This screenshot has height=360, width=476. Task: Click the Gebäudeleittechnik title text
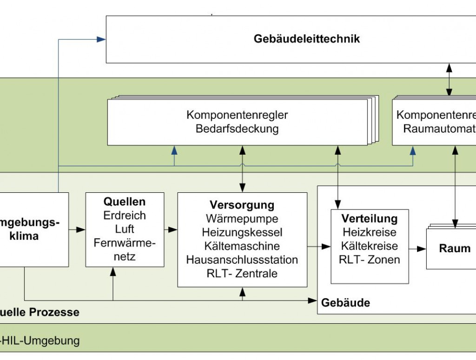(x=306, y=39)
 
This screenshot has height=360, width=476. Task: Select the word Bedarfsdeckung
(x=237, y=129)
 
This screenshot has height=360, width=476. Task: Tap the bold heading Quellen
(x=125, y=202)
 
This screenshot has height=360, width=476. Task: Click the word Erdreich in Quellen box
(x=125, y=216)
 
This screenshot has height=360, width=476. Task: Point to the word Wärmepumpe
(x=242, y=218)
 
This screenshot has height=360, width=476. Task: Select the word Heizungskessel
(x=242, y=232)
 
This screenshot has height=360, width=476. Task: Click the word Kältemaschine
(x=242, y=246)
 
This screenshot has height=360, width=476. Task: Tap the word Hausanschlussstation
(x=242, y=260)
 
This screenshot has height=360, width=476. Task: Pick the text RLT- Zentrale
(x=242, y=274)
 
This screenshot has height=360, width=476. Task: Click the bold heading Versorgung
(x=242, y=205)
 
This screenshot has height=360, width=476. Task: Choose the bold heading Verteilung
(x=370, y=218)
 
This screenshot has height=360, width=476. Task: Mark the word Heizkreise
(x=370, y=232)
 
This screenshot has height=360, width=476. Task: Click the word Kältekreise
(x=370, y=245)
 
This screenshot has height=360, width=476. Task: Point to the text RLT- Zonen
(x=370, y=259)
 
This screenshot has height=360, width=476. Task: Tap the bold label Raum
(x=455, y=249)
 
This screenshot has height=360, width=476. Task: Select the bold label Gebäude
(x=345, y=303)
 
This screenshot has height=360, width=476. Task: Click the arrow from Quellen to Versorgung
(x=171, y=229)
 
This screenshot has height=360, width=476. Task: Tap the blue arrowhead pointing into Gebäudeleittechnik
(x=101, y=39)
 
